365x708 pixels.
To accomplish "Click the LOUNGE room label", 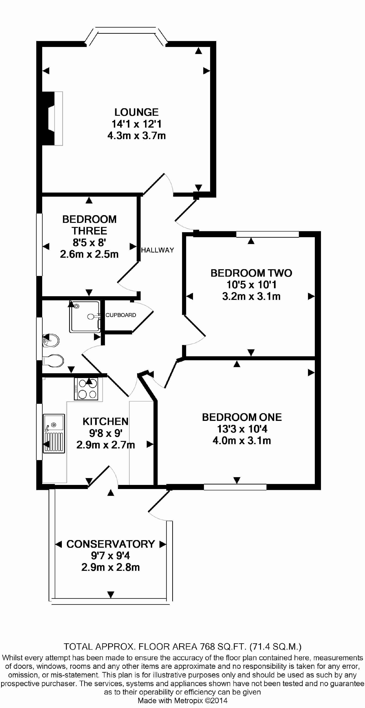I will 136,112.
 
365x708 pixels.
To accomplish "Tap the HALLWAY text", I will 157,250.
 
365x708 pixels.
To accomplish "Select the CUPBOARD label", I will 121,315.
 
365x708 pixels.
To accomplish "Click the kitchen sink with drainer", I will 54,433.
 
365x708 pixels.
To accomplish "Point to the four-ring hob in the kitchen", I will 86,389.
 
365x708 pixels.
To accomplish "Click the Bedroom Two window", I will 267,234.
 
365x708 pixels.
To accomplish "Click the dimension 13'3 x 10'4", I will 242,429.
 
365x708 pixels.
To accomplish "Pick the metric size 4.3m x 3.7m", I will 136,136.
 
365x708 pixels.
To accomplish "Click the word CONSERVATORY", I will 111,544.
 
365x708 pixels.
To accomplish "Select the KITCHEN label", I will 105,421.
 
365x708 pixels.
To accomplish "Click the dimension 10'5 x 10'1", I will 251,285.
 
